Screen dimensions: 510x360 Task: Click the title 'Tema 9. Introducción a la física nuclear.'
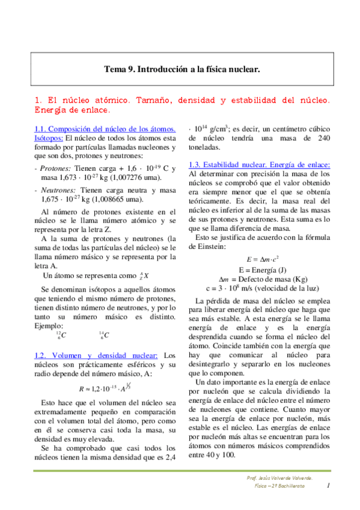pyautogui.click(x=182, y=70)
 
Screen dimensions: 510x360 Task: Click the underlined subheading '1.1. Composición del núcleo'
pyautogui.click(x=106, y=129)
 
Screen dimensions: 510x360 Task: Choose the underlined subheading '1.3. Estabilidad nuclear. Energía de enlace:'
pyautogui.click(x=260, y=164)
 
